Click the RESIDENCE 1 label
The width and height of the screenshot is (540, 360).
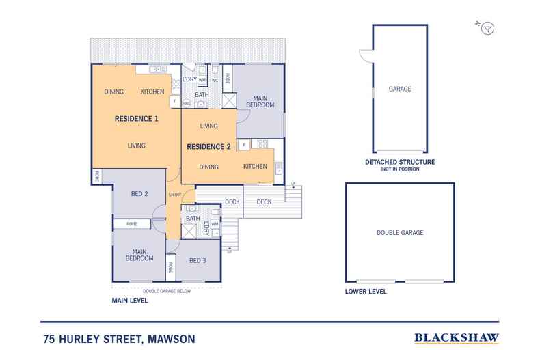136,119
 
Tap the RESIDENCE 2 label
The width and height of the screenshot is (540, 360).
209,146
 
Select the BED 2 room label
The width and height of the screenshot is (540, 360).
139,194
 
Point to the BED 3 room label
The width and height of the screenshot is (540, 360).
198,260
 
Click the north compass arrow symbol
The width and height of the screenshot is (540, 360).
487,28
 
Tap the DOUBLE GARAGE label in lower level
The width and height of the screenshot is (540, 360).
400,233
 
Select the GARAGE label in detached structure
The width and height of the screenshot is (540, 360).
400,89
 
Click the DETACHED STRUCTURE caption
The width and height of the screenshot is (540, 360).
400,162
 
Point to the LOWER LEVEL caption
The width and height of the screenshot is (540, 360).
366,292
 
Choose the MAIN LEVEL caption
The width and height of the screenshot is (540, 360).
130,299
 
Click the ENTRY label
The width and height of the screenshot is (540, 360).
175,195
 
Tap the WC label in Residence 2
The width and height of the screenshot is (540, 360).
214,81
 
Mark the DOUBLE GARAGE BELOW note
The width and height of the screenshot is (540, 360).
167,290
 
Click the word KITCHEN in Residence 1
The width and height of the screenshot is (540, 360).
152,92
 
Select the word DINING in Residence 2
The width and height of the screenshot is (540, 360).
209,167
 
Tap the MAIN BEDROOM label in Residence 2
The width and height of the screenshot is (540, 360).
260,101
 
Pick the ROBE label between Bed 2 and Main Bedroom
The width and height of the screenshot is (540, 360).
131,224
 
